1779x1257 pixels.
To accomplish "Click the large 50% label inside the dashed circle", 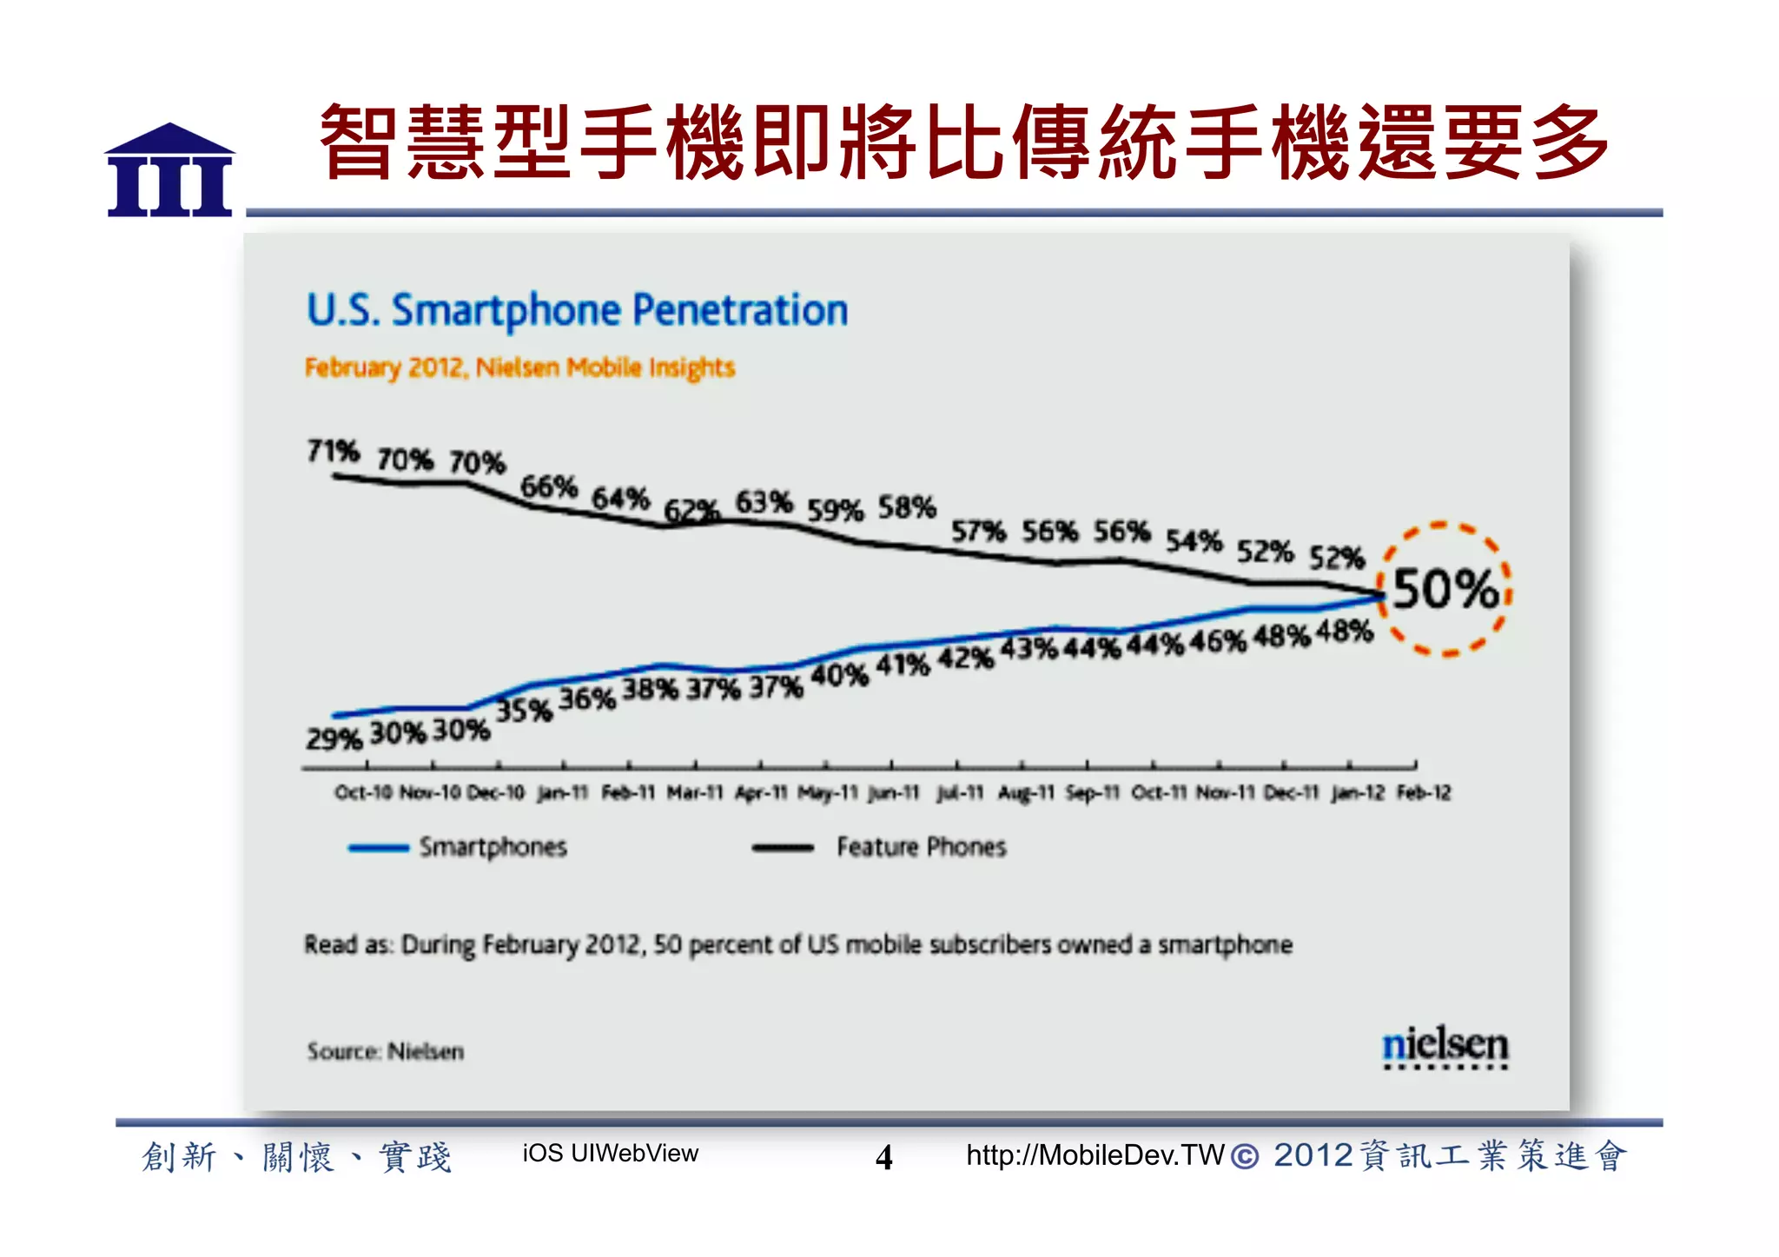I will coord(1445,590).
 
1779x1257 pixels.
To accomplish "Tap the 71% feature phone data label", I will coord(333,451).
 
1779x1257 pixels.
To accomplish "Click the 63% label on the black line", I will coord(764,502).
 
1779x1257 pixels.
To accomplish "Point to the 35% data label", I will coord(524,711).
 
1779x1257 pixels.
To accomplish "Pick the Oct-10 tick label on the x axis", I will coord(363,793).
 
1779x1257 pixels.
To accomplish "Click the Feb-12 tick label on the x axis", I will coord(1424,793).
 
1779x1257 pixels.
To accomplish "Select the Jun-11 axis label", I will coord(894,793).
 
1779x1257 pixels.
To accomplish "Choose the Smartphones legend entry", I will coord(492,847).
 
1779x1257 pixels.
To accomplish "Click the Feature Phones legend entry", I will coord(921,847).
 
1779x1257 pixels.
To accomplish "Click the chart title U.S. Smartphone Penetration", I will coord(577,310).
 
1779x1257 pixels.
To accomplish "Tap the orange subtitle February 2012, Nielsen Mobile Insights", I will coord(519,367).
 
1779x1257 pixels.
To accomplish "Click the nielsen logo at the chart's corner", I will coord(1445,1046).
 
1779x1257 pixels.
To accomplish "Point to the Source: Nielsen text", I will coord(385,1051).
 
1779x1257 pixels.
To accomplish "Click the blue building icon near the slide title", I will coord(170,171).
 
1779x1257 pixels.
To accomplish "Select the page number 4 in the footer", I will coord(883,1157).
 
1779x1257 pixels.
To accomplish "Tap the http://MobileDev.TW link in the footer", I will coord(1095,1155).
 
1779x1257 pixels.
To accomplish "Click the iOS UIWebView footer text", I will coord(610,1154).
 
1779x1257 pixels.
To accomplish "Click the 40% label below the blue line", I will coord(839,675).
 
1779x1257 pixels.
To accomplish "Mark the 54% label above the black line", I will coord(1194,540).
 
